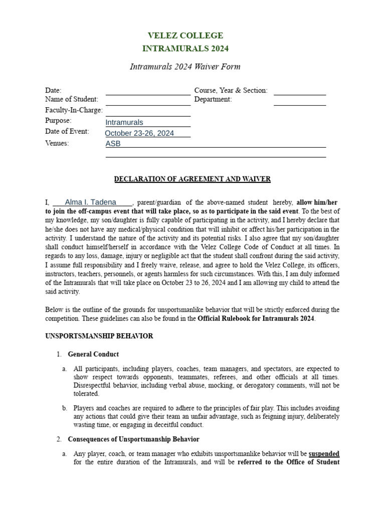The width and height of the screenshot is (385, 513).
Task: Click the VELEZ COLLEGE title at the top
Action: coord(185,36)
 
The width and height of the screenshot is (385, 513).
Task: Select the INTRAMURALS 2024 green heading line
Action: coord(185,49)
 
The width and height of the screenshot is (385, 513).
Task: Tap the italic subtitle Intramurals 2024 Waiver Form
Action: coord(185,66)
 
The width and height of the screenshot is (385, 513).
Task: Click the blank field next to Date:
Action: coord(147,91)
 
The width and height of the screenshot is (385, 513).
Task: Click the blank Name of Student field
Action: coord(147,100)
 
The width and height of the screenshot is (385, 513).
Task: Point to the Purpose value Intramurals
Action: coord(124,122)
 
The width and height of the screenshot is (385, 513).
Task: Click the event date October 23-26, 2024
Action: coord(139,133)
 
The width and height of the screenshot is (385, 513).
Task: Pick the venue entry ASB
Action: coord(113,144)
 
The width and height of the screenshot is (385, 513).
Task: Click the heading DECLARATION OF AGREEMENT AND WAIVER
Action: coord(192,179)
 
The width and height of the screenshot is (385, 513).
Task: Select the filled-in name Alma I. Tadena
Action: coord(91,202)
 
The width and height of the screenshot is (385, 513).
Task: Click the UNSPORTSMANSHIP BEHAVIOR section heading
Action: coord(99,336)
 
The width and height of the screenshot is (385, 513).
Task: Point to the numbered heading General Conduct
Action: coord(93,354)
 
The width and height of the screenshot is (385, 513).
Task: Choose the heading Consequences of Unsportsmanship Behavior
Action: coord(133,439)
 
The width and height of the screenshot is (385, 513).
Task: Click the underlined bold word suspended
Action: coord(324,454)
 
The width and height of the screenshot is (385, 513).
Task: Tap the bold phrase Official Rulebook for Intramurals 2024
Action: coord(256,319)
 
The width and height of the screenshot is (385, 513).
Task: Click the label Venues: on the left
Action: coord(57,143)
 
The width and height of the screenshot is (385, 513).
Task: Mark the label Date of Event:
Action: coord(67,132)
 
